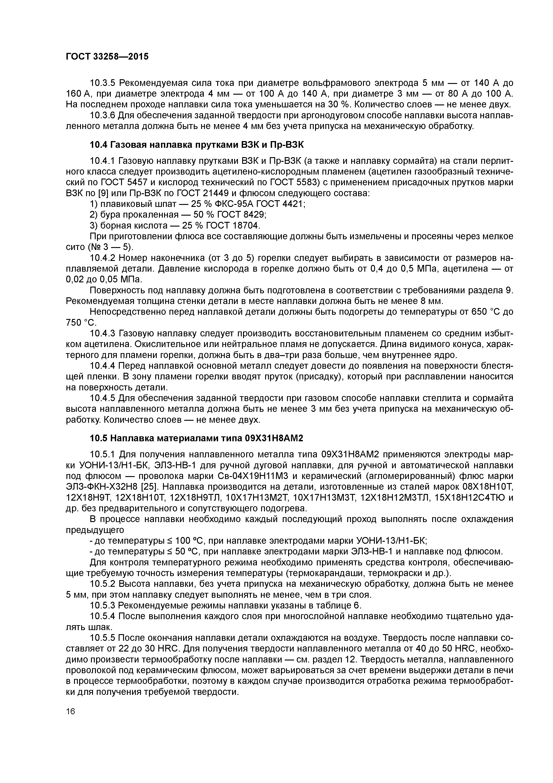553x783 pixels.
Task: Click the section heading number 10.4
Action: coord(98,145)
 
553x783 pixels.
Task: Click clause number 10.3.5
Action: coord(102,83)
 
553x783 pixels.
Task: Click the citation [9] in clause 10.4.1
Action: coord(103,193)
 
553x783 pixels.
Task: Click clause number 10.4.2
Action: coord(102,258)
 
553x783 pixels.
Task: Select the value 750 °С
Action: coord(81,323)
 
